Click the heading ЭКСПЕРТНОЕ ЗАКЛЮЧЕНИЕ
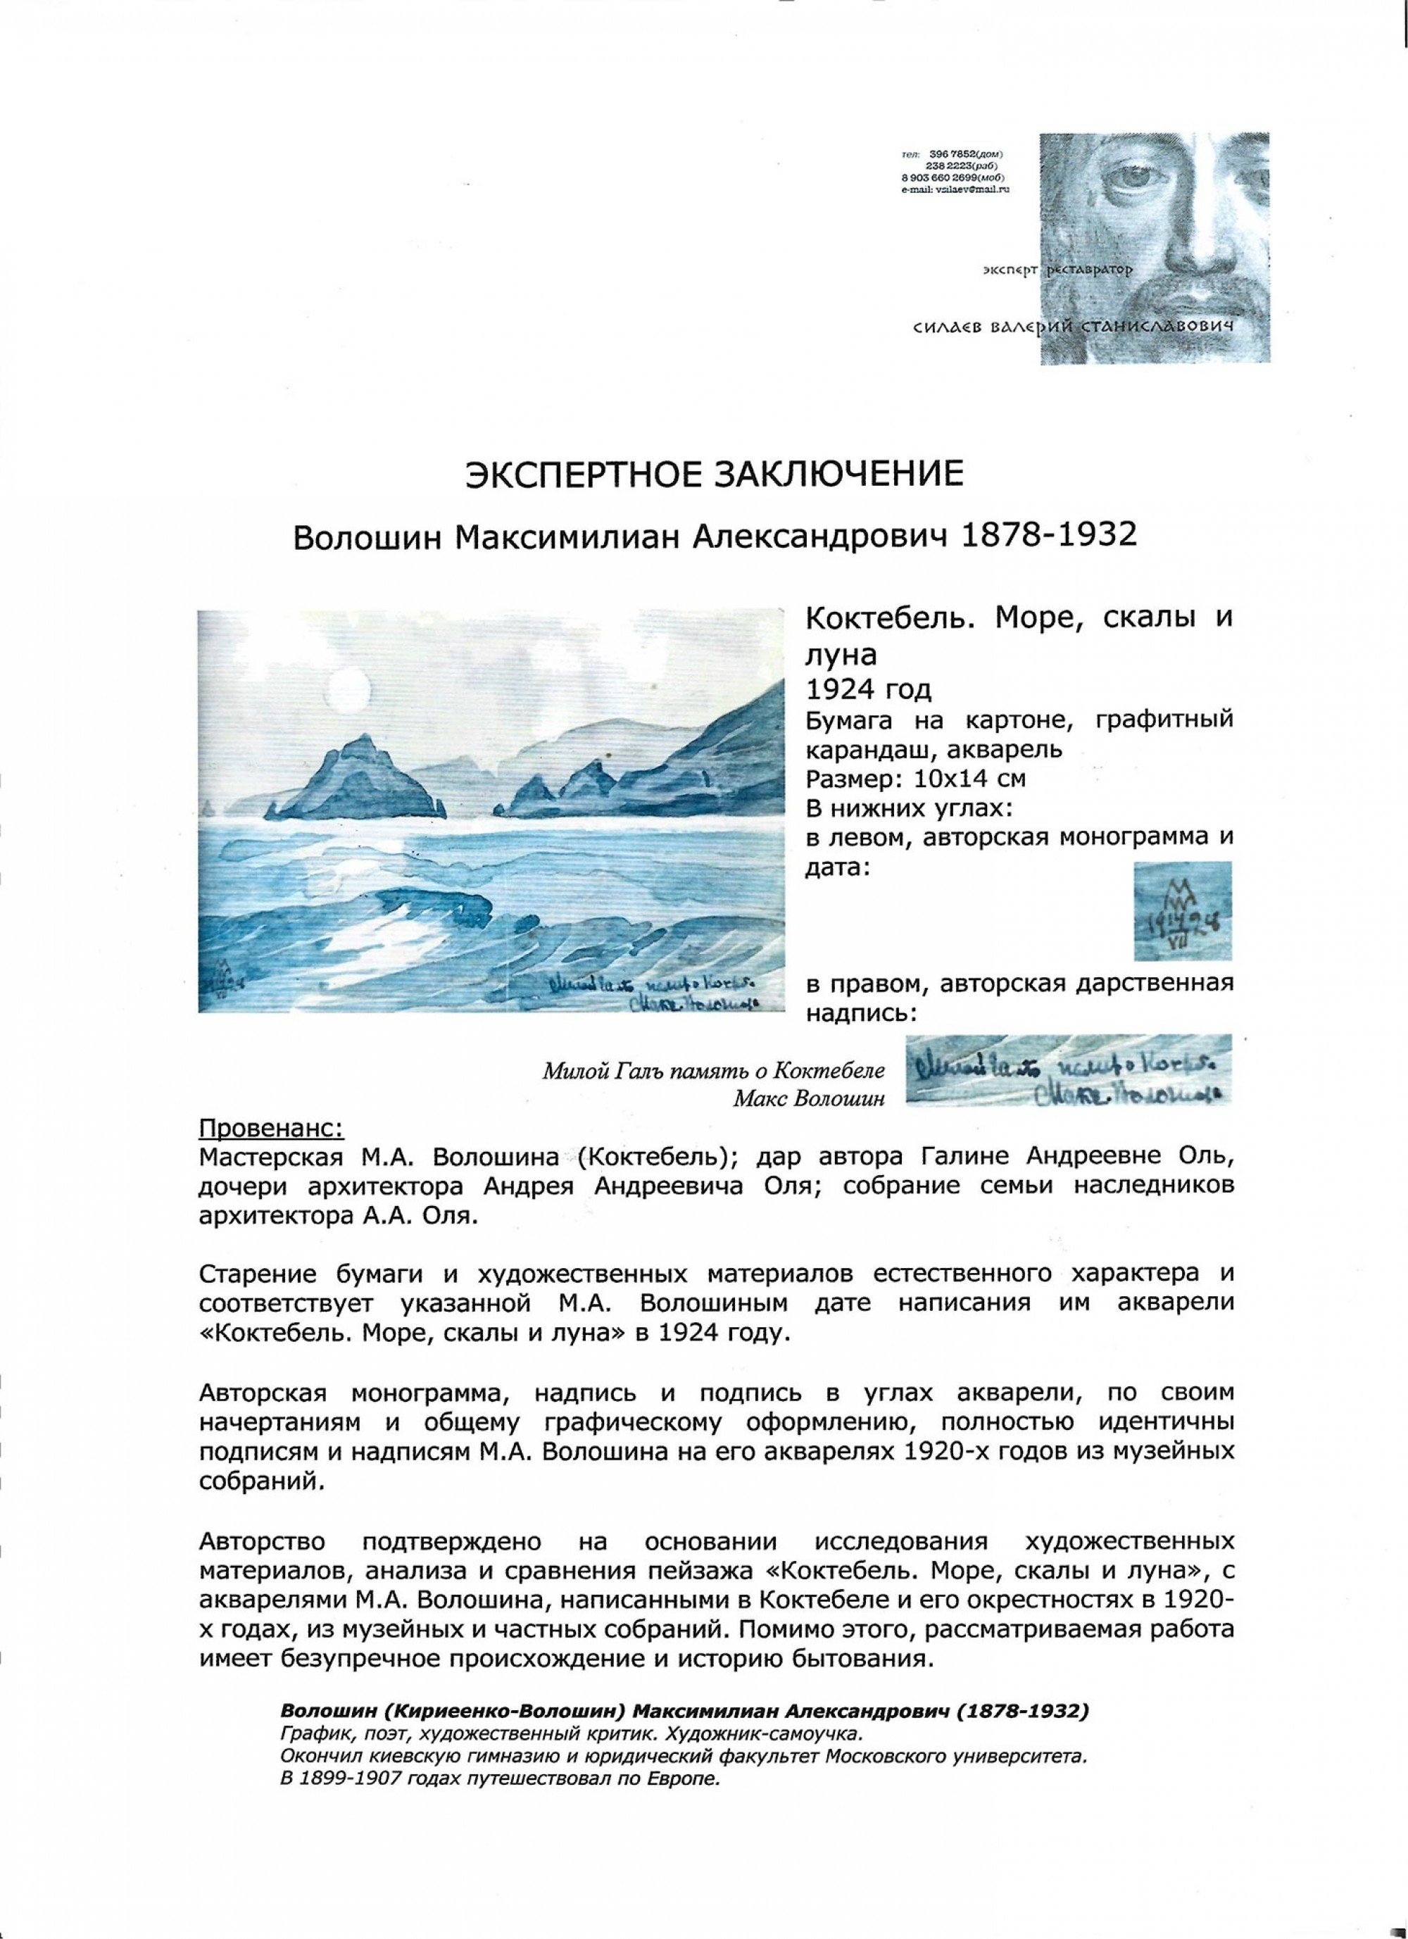pyautogui.click(x=713, y=475)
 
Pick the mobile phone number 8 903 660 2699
pyautogui.click(x=945, y=175)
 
